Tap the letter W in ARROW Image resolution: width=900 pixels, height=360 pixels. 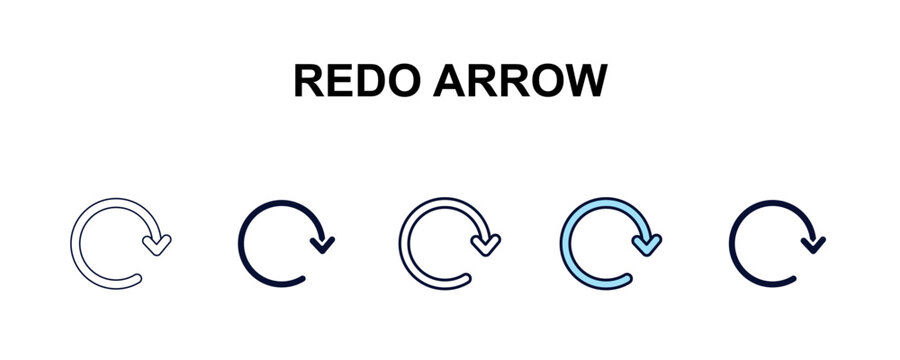point(586,82)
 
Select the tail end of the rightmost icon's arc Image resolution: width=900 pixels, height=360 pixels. point(794,278)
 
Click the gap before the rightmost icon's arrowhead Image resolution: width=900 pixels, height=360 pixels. point(809,222)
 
